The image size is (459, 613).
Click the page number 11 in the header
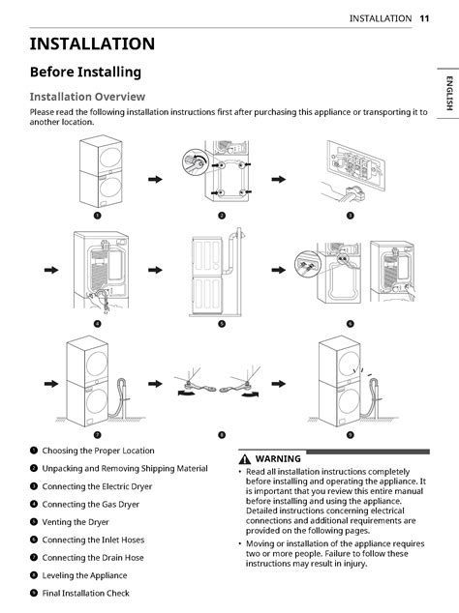click(x=424, y=18)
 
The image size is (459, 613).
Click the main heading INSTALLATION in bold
click(x=92, y=44)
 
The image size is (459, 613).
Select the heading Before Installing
click(x=85, y=73)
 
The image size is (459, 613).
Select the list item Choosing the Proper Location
click(x=98, y=451)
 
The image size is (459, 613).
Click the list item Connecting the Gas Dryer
click(x=91, y=505)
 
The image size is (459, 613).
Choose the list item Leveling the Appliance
click(x=85, y=575)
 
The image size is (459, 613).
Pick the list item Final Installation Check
click(x=85, y=593)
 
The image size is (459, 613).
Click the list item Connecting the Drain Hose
click(x=93, y=558)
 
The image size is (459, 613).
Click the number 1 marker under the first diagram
click(x=95, y=215)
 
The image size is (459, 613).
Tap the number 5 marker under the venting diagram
click(x=221, y=323)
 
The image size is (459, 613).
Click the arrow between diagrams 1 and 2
click(x=155, y=179)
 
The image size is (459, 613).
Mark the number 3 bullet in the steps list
click(x=34, y=486)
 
